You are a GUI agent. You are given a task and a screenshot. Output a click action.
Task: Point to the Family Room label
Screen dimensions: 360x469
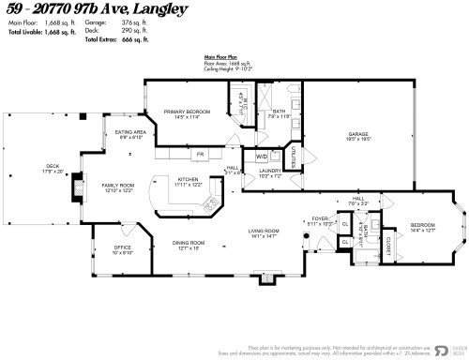118,186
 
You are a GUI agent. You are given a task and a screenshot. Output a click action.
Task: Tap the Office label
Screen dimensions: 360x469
122,248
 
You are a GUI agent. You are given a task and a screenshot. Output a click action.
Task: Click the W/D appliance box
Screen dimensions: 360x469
261,157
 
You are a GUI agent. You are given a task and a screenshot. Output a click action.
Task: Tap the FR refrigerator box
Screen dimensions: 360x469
199,152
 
